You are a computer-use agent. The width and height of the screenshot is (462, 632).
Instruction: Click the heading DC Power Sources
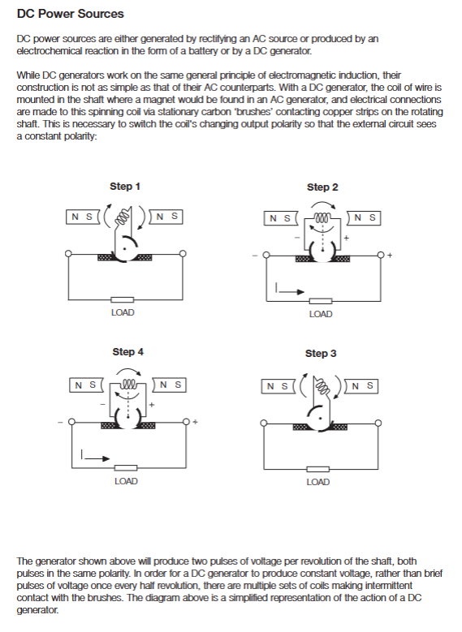[70, 14]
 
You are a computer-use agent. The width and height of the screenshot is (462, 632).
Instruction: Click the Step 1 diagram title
[125, 187]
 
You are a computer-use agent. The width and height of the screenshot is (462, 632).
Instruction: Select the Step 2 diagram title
[322, 187]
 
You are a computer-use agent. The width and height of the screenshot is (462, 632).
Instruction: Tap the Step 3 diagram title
[321, 354]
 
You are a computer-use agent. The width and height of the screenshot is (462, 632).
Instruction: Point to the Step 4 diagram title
[128, 352]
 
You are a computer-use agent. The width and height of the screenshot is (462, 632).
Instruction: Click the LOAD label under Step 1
[123, 312]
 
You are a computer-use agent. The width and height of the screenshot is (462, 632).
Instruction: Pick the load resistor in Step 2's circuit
[321, 301]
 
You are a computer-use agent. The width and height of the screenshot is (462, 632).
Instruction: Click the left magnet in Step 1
[82, 217]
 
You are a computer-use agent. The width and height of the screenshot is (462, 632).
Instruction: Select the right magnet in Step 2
[364, 218]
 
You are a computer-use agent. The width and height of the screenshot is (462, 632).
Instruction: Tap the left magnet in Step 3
[278, 386]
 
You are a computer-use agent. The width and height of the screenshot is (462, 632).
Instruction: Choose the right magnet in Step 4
[169, 385]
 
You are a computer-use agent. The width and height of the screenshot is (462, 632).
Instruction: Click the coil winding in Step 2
[323, 216]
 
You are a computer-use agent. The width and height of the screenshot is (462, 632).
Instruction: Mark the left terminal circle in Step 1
[68, 254]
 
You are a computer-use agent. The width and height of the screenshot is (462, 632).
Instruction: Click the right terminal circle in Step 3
[378, 423]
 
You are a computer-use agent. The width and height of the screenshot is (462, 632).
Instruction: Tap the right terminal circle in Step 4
[186, 422]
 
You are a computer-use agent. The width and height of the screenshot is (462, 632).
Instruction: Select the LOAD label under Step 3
[318, 482]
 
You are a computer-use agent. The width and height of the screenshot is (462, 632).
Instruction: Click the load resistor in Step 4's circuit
[126, 468]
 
